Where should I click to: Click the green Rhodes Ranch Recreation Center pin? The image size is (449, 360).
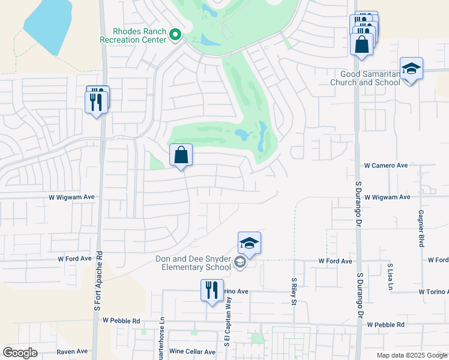pos(175,35)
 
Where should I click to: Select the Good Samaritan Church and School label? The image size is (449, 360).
pos(366,77)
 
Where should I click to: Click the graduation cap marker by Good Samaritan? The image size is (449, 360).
pos(411,70)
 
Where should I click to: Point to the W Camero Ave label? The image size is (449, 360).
pos(386,165)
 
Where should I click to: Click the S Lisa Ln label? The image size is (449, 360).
pos(390,273)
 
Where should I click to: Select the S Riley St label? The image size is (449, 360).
pos(294,290)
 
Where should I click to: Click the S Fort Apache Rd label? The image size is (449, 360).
pos(97,280)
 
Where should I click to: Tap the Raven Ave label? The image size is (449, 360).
pos(72,352)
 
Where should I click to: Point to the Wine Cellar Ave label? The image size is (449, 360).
pos(192,352)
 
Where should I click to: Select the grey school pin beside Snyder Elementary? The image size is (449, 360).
pos(240,262)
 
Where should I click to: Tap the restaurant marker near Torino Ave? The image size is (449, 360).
pos(212,291)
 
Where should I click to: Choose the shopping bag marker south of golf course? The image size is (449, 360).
pos(181,156)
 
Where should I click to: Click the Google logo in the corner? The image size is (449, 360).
pos(20,353)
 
